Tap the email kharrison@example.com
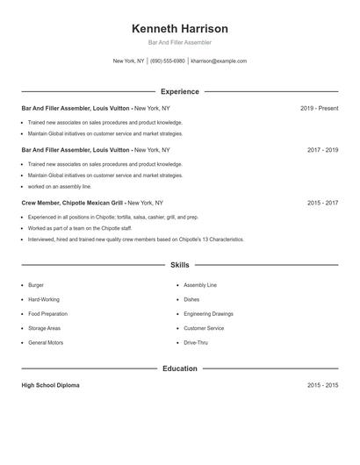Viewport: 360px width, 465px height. [x=219, y=61]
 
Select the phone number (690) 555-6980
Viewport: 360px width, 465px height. [x=167, y=61]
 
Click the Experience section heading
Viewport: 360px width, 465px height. [x=179, y=91]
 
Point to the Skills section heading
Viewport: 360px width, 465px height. [x=179, y=264]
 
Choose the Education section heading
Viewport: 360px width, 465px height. [x=179, y=368]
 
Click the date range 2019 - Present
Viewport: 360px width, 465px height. [x=319, y=108]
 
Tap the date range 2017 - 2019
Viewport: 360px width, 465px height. [x=322, y=150]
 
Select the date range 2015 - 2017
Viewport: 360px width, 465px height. [x=322, y=203]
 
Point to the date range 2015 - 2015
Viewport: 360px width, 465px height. [x=322, y=385]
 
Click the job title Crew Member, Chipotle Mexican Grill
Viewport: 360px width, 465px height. [x=72, y=203]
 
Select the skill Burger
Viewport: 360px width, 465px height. [x=36, y=285]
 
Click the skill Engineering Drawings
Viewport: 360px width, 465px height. [x=209, y=314]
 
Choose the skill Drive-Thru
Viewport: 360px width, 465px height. [x=197, y=342]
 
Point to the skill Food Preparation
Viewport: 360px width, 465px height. [x=47, y=314]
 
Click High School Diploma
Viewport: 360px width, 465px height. [x=50, y=385]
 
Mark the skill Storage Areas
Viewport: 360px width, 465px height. [x=44, y=328]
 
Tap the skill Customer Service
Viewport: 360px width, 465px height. [x=205, y=328]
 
